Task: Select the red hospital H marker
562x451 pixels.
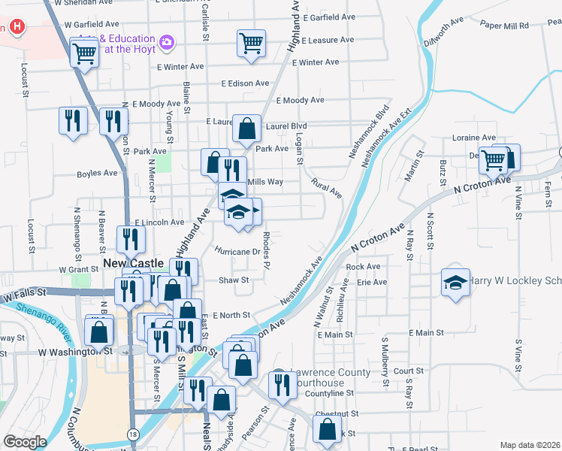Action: [x=18, y=29]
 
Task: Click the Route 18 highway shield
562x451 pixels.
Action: [x=133, y=434]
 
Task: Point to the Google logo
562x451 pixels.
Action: [x=25, y=442]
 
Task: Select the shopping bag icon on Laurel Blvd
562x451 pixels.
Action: [x=246, y=129]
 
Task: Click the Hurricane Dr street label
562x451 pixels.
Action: [x=237, y=251]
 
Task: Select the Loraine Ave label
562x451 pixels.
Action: [x=473, y=138]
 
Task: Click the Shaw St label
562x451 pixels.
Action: [x=228, y=280]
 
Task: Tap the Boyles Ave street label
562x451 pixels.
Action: [x=97, y=173]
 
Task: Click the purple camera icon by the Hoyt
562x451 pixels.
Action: [x=167, y=44]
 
